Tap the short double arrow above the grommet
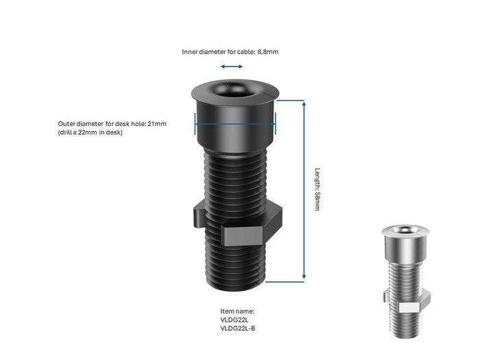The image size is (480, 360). [x=232, y=67]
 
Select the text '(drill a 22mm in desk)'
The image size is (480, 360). [x=90, y=132]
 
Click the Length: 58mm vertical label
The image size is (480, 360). [x=317, y=189]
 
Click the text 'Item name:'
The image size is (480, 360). [x=237, y=311]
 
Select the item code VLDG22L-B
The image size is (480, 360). [x=239, y=328]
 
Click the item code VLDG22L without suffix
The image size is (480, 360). [x=235, y=320]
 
